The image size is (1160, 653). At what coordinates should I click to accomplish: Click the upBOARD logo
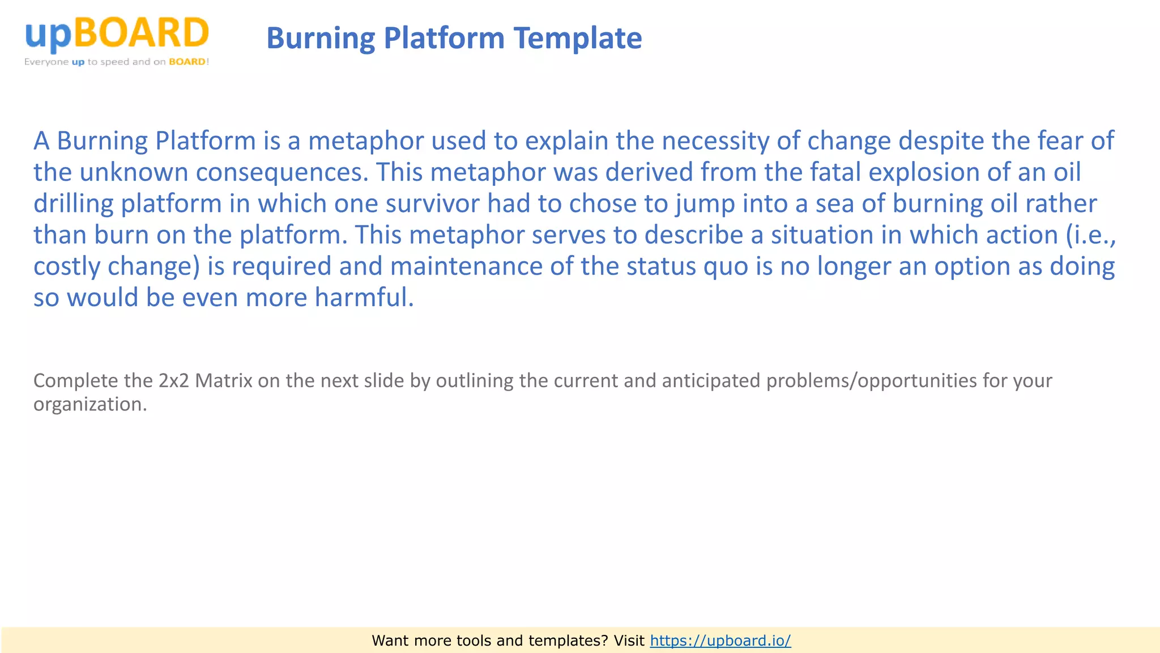[117, 34]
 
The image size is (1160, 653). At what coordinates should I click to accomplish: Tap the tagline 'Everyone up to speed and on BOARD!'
[117, 62]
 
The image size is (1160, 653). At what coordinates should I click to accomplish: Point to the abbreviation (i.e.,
[1091, 235]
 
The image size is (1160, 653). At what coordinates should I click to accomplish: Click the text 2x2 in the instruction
[173, 380]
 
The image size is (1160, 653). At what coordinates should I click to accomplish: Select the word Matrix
[224, 380]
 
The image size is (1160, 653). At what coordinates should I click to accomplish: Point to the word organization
[90, 404]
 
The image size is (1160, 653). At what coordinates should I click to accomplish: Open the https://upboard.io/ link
[720, 641]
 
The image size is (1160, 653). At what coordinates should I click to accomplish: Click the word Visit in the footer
[629, 641]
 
